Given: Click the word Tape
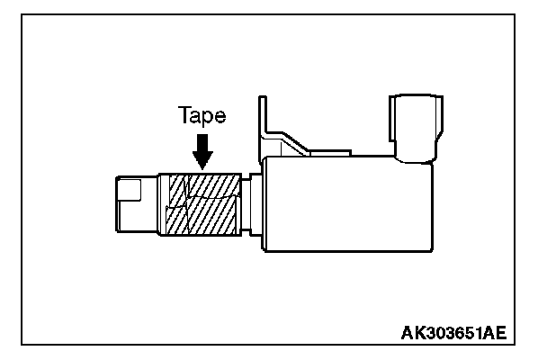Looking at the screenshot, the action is (202, 116).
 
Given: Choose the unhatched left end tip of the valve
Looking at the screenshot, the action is (135, 205).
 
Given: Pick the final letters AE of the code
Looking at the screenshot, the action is (496, 333).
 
